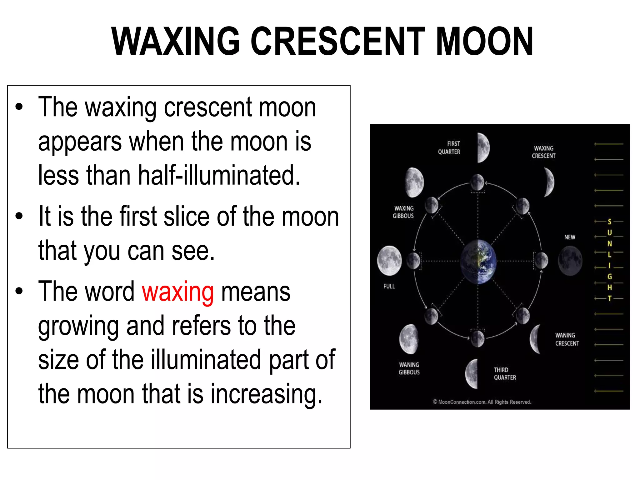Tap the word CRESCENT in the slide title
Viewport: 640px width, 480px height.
coord(338,42)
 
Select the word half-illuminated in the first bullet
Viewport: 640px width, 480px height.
coord(219,175)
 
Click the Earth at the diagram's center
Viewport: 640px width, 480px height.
coord(478,262)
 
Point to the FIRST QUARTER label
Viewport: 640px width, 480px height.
coord(449,148)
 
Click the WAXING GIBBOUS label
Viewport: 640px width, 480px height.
coord(403,212)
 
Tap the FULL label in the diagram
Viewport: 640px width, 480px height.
coord(389,286)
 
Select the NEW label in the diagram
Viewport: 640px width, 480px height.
coord(570,237)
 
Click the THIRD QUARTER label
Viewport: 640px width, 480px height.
coord(505,373)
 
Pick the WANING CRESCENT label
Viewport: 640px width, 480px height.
coord(567,339)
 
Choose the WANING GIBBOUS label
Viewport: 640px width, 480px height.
coord(409,368)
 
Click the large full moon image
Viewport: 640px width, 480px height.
coord(389,260)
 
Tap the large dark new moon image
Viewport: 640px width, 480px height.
coord(570,261)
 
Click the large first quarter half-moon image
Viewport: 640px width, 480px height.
coord(483,147)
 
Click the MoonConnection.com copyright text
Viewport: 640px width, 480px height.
coord(482,402)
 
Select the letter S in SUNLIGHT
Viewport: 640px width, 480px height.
coord(609,222)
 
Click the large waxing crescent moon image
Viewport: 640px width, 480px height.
coord(549,182)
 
